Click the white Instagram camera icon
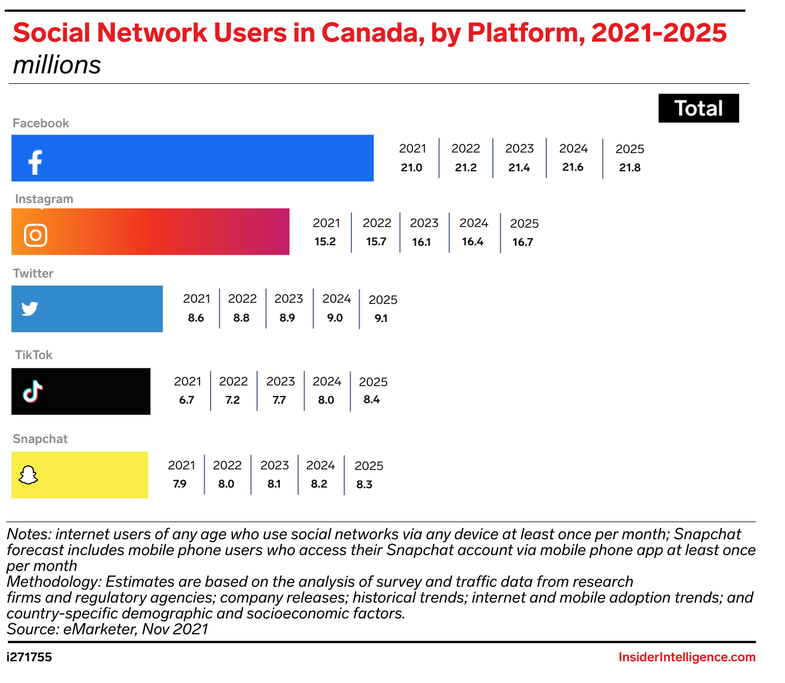pos(35,235)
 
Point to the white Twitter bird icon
pos(30,309)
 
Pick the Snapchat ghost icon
pos(28,475)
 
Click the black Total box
pos(698,109)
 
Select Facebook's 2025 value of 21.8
pos(630,168)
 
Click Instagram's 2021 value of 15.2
pos(325,242)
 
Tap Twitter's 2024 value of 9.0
pos(335,318)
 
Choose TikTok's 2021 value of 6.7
pos(187,400)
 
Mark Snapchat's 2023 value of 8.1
pos(274,484)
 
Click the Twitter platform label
pos(33,273)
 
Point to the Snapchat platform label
pos(40,439)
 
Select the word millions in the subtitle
pos(57,65)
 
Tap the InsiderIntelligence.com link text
pos(687,657)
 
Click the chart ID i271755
pos(29,657)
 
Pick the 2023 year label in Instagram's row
pos(424,223)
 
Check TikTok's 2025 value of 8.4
pos(372,400)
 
